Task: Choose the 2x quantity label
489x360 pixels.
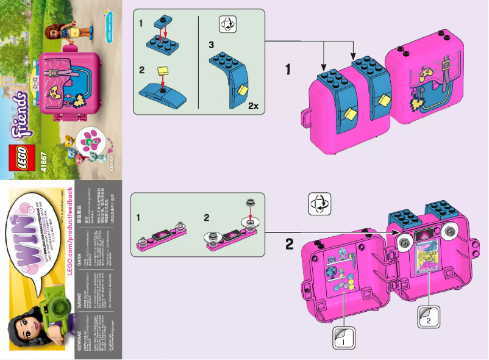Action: pos(254,106)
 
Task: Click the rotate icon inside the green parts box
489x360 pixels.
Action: pos(227,24)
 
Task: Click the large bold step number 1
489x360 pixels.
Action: pos(288,70)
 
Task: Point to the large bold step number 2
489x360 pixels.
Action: pos(289,244)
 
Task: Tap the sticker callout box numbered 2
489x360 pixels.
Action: pos(429,316)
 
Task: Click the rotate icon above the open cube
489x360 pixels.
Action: pos(319,203)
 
